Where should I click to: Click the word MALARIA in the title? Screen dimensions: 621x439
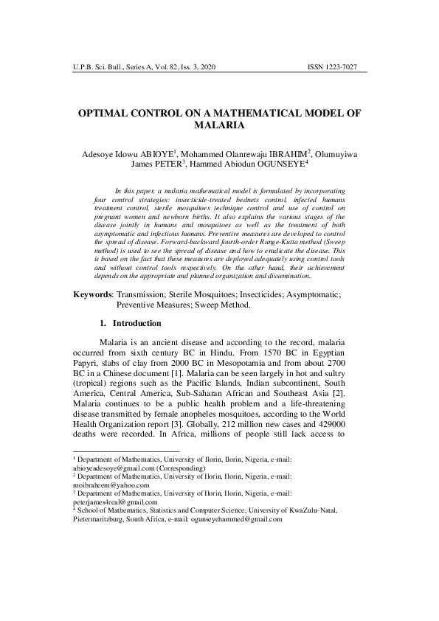coord(218,126)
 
